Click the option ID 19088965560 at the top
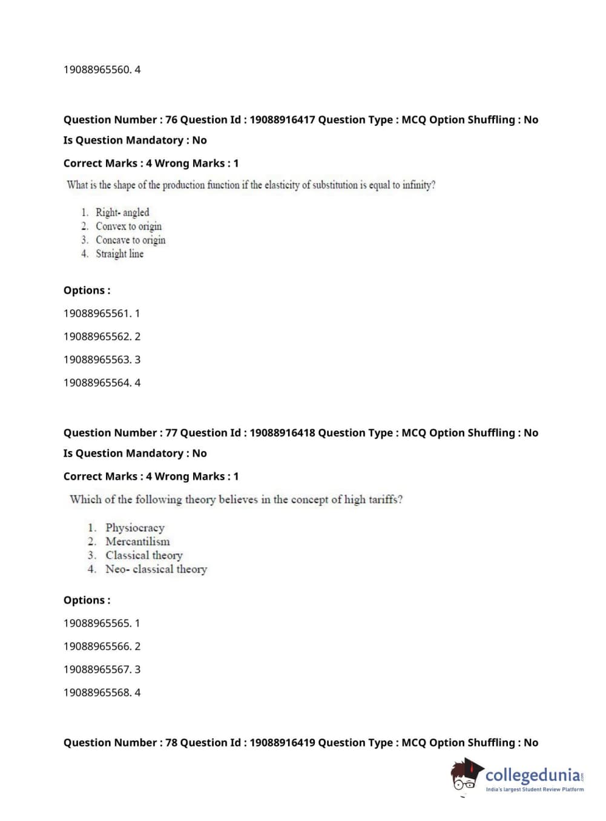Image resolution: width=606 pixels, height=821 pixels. point(97,70)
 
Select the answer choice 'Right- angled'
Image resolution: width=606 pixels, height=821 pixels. point(122,213)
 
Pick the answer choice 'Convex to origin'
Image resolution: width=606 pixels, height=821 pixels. point(128,226)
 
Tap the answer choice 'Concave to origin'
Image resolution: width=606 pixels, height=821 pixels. point(130,240)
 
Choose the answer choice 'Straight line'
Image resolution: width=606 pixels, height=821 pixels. point(119,254)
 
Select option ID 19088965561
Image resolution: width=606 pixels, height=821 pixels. point(97,314)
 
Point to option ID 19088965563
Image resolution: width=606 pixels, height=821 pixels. point(97,360)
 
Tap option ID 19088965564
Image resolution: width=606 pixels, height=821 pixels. point(97,383)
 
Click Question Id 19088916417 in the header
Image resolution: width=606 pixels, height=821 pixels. point(282,120)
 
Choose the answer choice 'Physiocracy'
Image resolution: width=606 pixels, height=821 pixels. point(134,528)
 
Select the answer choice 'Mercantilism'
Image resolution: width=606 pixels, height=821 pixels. point(137,542)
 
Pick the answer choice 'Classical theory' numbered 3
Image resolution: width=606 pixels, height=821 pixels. point(143,556)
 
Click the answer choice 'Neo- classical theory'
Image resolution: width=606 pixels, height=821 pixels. point(156,570)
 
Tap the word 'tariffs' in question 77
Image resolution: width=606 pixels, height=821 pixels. point(384,500)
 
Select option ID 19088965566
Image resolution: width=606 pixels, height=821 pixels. point(97,647)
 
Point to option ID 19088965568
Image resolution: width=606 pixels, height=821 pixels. point(97,693)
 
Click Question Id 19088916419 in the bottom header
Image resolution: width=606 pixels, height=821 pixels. point(282,743)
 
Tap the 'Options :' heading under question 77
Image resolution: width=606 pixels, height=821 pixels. point(87,601)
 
